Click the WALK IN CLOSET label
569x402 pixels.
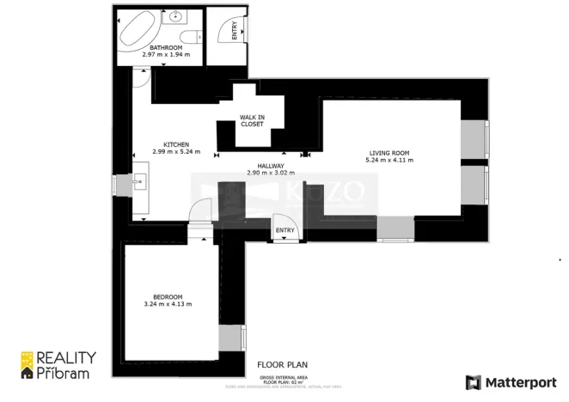click(252, 120)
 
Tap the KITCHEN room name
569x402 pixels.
click(176, 144)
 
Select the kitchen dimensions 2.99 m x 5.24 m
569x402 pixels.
click(176, 152)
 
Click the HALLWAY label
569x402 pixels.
click(271, 165)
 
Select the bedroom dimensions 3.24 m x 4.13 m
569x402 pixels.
click(168, 304)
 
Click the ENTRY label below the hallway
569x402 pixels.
click(284, 230)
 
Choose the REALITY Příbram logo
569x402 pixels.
click(58, 364)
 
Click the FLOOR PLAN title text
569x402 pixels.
click(283, 364)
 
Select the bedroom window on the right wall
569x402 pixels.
click(228, 338)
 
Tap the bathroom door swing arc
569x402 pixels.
click(143, 79)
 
